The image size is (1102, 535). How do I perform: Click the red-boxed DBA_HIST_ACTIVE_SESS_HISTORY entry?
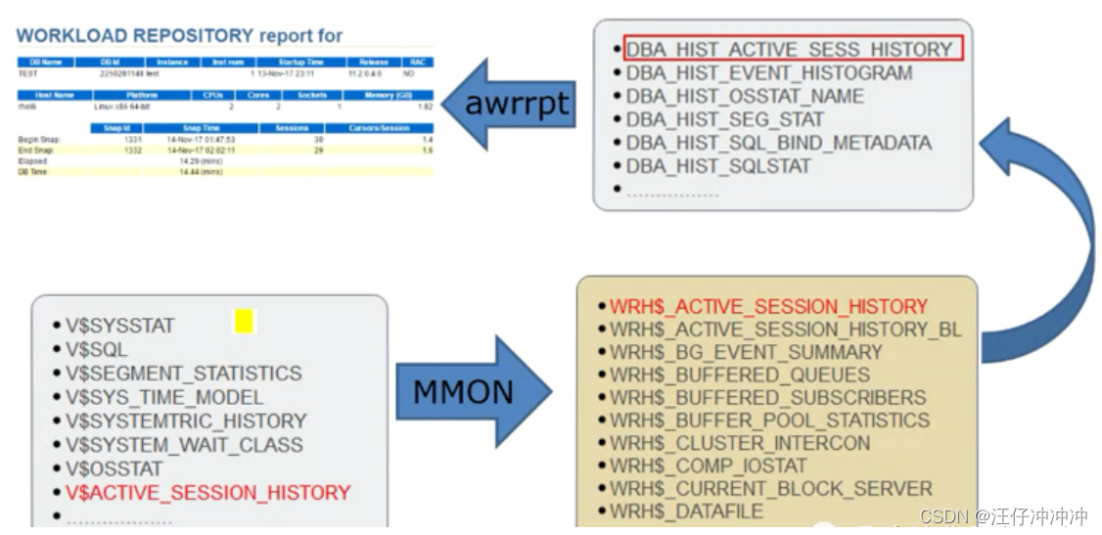click(x=789, y=49)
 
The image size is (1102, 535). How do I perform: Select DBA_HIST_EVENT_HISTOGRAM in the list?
click(x=768, y=73)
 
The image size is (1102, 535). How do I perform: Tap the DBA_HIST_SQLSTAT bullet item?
click(x=717, y=166)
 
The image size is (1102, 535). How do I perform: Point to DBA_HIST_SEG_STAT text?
click(x=724, y=119)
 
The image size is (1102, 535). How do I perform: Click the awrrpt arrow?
click(x=509, y=104)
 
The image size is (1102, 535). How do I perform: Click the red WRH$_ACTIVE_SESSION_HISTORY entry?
click(x=768, y=306)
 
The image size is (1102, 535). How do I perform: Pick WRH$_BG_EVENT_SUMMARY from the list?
click(x=746, y=352)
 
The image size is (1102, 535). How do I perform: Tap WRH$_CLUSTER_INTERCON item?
click(x=740, y=443)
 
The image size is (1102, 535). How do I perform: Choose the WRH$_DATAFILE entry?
click(x=686, y=511)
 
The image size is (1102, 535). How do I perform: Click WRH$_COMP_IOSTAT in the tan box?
click(x=708, y=466)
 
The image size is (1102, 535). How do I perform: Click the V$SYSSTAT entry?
click(x=119, y=326)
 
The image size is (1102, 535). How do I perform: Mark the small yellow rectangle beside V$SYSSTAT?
click(x=244, y=321)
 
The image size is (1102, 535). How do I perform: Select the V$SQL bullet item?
click(x=96, y=349)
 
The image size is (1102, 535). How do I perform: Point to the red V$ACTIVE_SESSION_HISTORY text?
click(x=207, y=492)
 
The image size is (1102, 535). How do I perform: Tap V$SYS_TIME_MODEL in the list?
click(x=164, y=397)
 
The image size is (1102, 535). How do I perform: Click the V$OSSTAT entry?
click(x=114, y=468)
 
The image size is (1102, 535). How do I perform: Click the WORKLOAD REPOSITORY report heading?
click(x=179, y=36)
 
